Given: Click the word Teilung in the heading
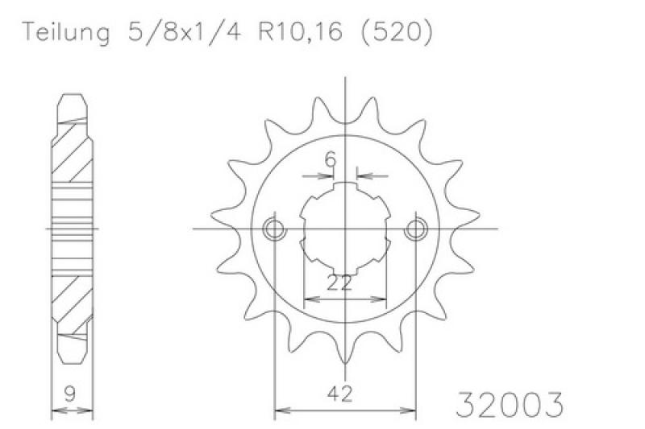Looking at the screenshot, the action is pyautogui.click(x=66, y=32).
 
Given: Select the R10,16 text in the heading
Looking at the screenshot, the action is pyautogui.click(x=301, y=31).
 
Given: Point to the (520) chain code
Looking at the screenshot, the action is pyautogui.click(x=397, y=31).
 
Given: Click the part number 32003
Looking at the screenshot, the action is pyautogui.click(x=510, y=404).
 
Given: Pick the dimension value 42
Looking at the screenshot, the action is pyautogui.click(x=339, y=394).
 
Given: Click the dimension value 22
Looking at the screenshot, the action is pyautogui.click(x=339, y=283).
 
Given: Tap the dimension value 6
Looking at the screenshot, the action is pyautogui.click(x=331, y=159).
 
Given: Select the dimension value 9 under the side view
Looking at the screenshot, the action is pyautogui.click(x=70, y=394).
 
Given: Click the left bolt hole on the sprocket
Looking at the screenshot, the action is pyautogui.click(x=274, y=229).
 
